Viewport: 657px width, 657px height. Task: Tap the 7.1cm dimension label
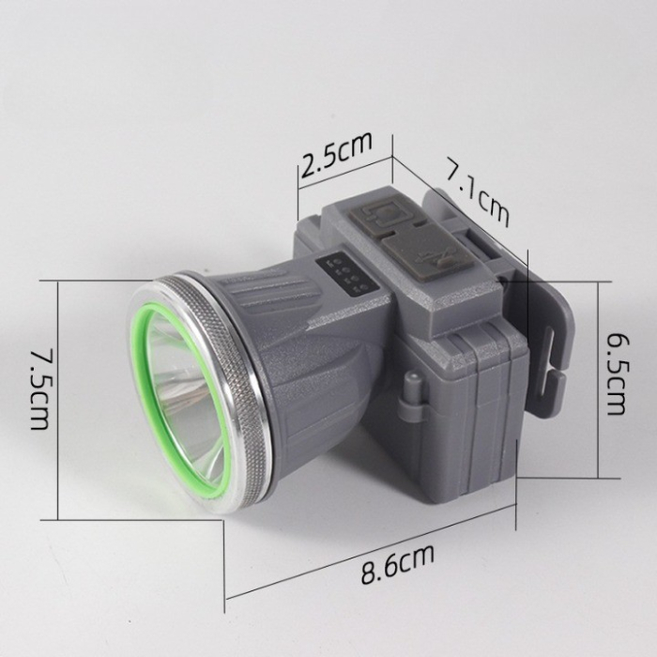point(478,195)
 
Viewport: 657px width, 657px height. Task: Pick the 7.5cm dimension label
point(38,389)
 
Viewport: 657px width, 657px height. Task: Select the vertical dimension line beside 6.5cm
point(597,375)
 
